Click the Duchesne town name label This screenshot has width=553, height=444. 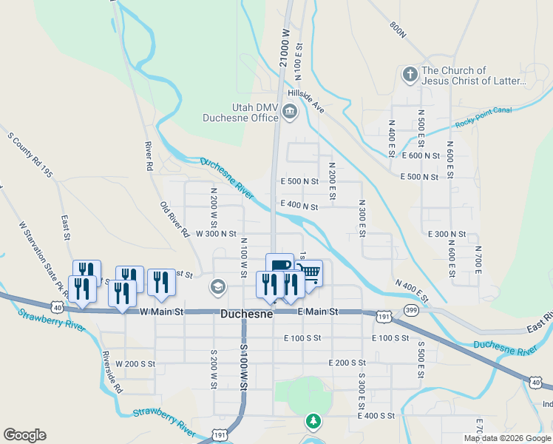coord(247,314)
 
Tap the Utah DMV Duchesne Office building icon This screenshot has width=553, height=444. coord(289,112)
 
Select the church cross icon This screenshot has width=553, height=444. coord(410,75)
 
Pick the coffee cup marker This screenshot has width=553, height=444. coord(279,265)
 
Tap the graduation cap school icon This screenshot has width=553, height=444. coord(218,286)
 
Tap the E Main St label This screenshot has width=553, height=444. coord(318,312)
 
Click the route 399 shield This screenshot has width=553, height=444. coord(412,310)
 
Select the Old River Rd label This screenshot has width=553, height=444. coord(174,220)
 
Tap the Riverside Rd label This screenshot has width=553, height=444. coord(113,370)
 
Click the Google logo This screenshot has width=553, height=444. coord(24,435)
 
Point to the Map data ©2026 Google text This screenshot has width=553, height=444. coord(507,438)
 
